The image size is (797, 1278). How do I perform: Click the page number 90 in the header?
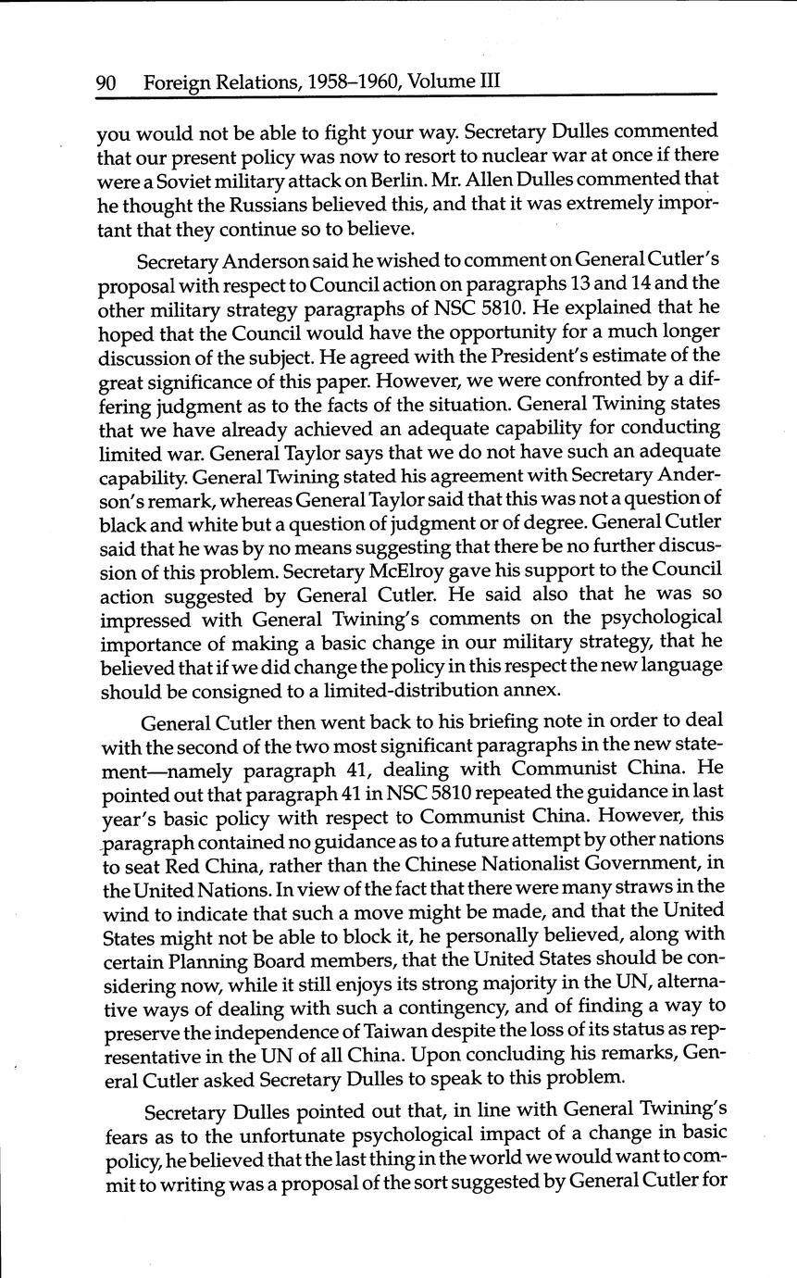(x=105, y=82)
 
